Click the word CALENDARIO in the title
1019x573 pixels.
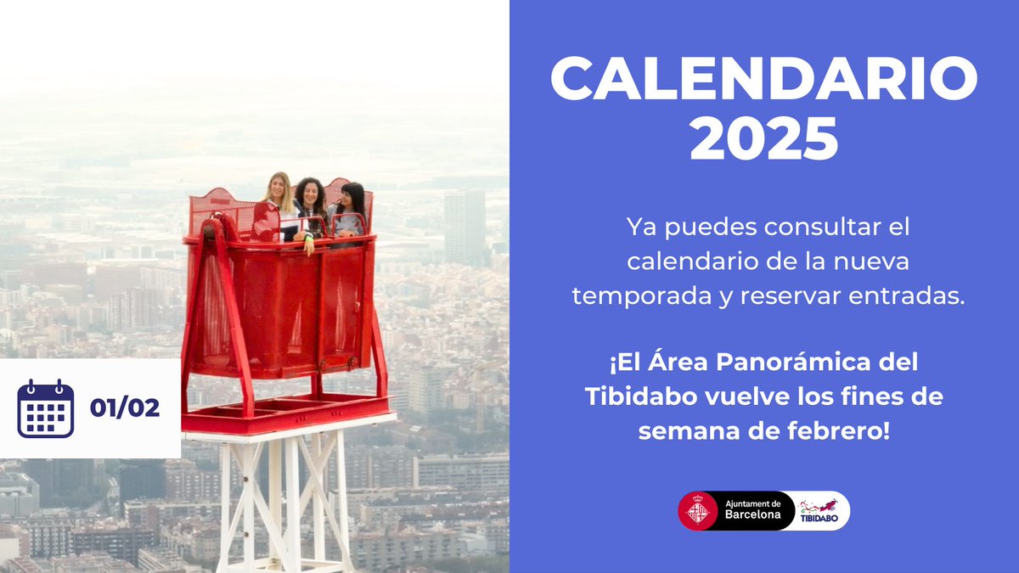click(763, 79)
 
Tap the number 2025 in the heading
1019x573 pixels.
click(763, 140)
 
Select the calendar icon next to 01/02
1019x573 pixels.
click(46, 408)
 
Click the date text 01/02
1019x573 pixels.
click(125, 408)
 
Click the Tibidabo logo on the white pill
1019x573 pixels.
click(820, 510)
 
